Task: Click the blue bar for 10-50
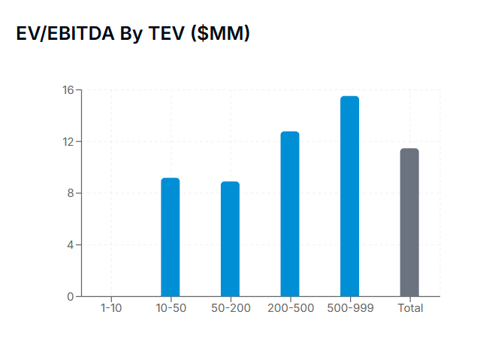171,237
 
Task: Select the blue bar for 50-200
230,239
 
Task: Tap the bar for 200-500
290,214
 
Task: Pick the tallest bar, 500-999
349,196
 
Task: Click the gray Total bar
409,222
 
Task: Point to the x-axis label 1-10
110,308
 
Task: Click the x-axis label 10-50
171,308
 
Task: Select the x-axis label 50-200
230,308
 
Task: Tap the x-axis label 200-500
290,308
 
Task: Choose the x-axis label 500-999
349,308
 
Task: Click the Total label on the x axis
410,308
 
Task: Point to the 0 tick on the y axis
70,296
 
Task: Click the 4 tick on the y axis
70,245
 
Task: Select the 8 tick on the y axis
70,193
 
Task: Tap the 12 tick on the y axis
68,142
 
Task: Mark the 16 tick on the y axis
68,90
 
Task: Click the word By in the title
129,34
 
